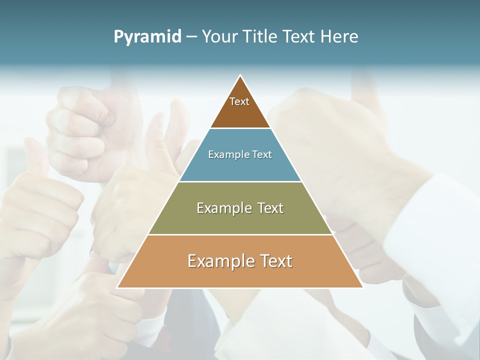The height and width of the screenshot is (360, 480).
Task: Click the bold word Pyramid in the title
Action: pyautogui.click(x=147, y=37)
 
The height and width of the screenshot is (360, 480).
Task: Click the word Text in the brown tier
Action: pyautogui.click(x=239, y=101)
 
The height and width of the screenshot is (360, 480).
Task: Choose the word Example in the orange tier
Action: pyautogui.click(x=218, y=261)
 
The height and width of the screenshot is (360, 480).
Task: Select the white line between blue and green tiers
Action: pyautogui.click(x=240, y=181)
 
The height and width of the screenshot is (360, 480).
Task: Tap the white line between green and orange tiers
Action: pyautogui.click(x=240, y=234)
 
